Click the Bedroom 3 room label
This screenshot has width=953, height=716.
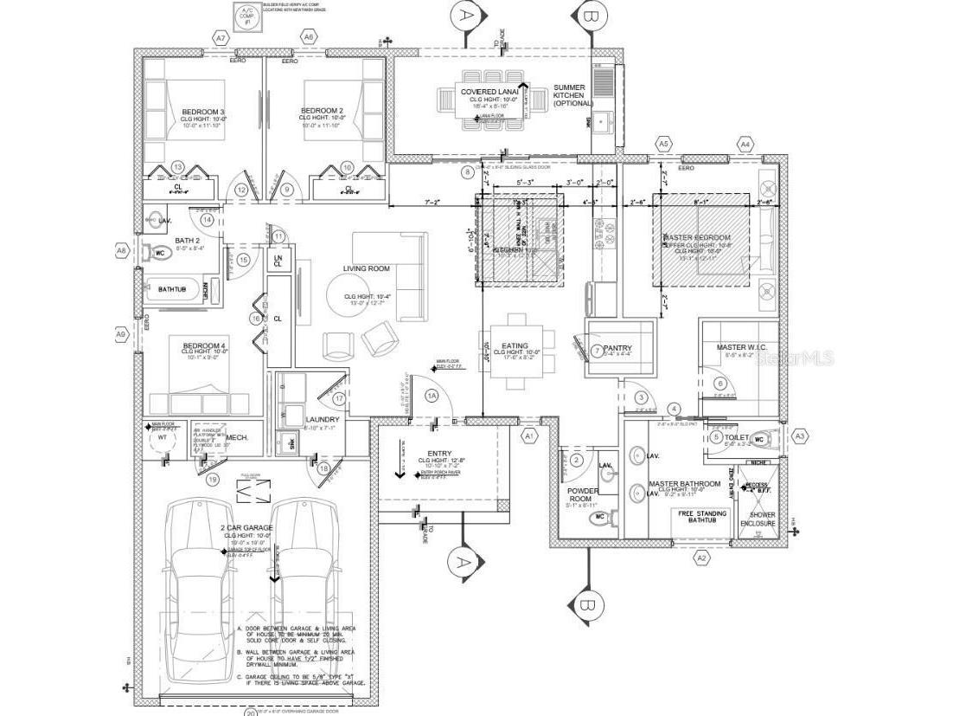[203, 112]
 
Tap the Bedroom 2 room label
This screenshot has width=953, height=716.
[323, 112]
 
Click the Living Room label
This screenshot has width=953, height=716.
[366, 268]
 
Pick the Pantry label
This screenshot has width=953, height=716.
[619, 349]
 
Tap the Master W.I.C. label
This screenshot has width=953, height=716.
[741, 347]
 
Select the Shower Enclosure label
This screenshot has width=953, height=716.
[762, 519]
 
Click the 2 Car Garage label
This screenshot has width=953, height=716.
[247, 527]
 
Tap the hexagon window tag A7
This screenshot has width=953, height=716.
[221, 39]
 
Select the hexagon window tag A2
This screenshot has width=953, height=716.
[701, 558]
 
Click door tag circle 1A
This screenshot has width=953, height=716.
[432, 395]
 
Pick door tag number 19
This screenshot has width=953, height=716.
[213, 479]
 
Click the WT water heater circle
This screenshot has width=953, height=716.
[162, 438]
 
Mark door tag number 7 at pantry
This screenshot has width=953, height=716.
[597, 351]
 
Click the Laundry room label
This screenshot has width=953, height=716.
[322, 419]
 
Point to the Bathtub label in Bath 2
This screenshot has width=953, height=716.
[172, 288]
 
